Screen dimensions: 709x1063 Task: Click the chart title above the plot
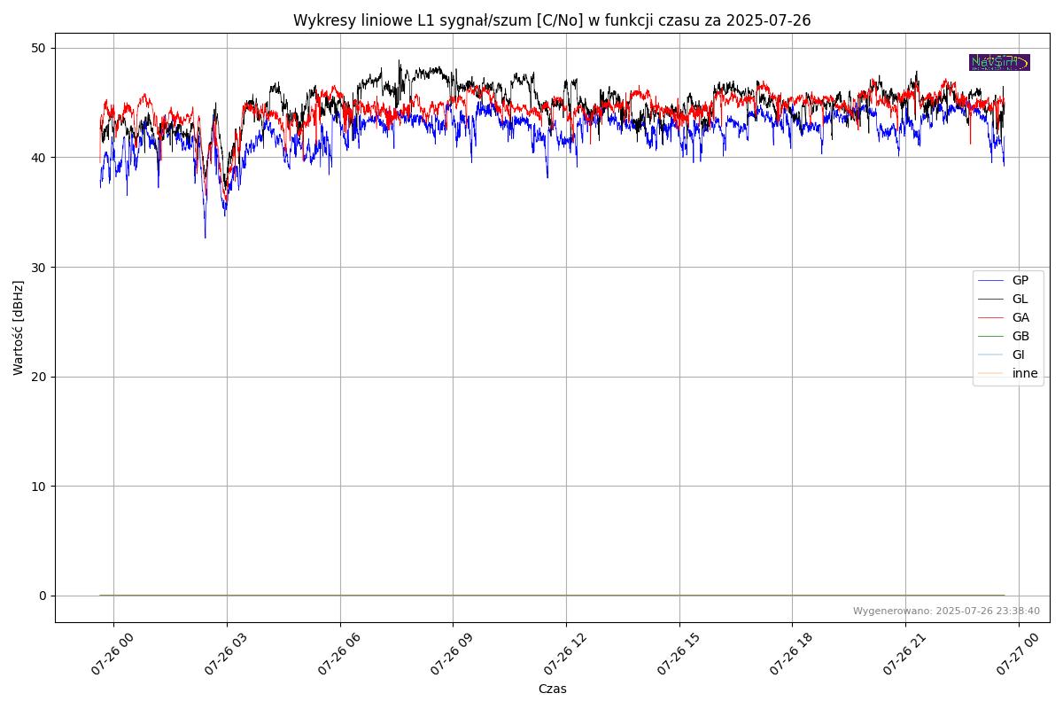[552, 20]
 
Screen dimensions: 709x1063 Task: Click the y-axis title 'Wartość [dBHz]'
[19, 328]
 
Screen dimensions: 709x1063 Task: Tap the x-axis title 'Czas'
[552, 689]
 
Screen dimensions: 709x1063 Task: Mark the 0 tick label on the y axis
[41, 596]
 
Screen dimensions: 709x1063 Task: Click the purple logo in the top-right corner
[999, 62]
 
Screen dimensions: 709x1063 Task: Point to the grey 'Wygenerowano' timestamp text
[946, 611]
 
